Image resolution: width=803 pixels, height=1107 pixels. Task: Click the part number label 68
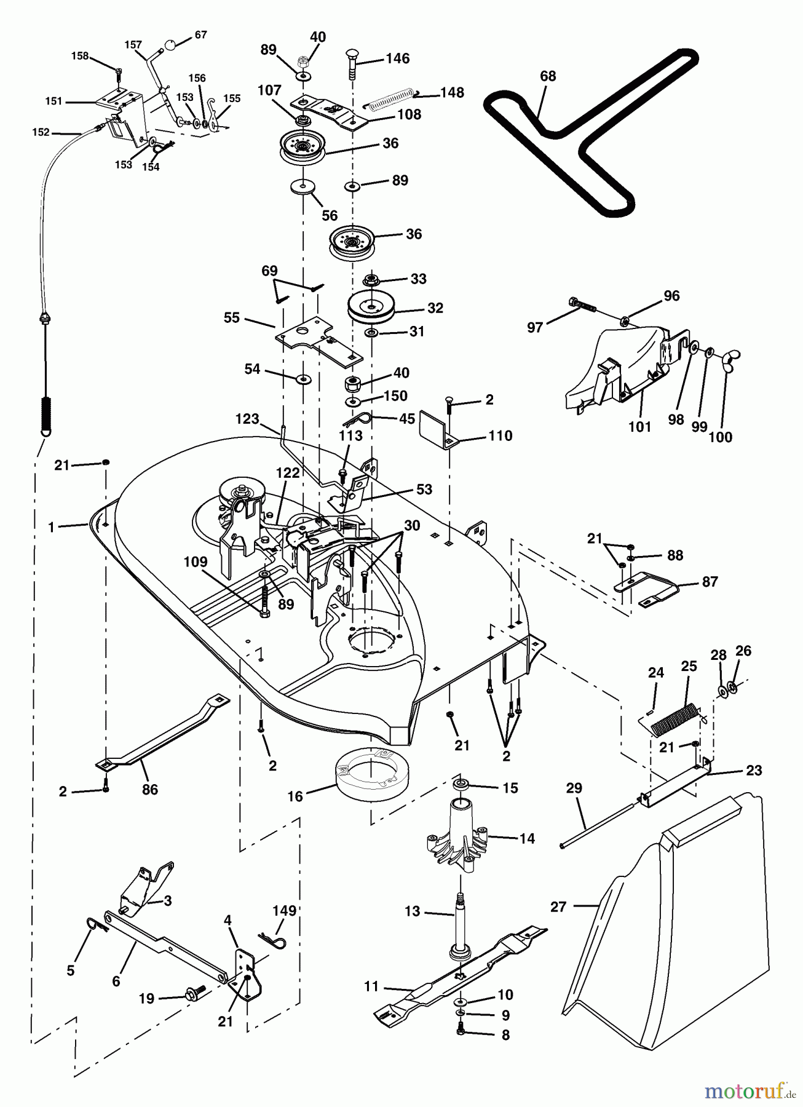coord(547,76)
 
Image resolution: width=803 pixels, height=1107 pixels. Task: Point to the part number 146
coord(397,58)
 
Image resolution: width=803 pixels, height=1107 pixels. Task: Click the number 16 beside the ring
coord(295,796)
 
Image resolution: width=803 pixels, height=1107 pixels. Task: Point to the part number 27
coord(558,907)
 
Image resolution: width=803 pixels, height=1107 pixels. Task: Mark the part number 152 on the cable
coord(41,132)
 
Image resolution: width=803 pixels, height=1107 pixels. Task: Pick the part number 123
coord(247,419)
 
